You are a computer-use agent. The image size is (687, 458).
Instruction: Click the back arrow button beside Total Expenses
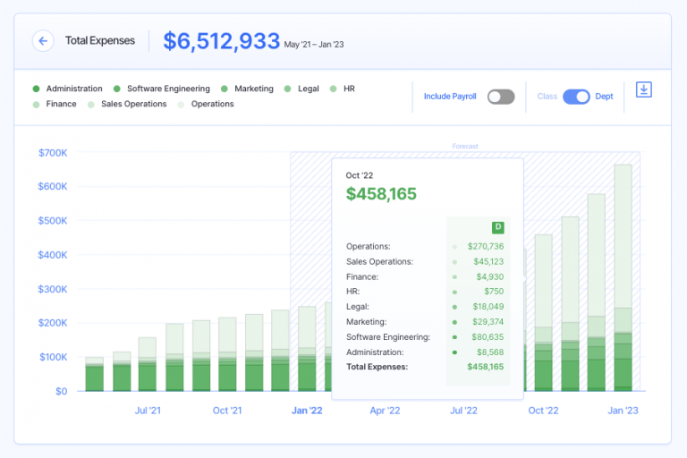coord(43,41)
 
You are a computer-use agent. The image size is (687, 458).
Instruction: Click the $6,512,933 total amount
coord(221,41)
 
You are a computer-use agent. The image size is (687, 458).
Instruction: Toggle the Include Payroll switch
coord(501,97)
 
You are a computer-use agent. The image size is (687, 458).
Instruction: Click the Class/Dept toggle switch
coord(576,97)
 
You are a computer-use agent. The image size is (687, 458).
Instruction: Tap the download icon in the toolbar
coord(643,89)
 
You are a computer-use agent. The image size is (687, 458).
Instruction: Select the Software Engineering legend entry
coord(168,89)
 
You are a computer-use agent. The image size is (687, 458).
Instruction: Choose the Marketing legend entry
coord(253,89)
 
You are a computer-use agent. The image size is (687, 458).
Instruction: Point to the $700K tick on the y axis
coord(53,153)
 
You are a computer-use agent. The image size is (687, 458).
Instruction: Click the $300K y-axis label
coord(53,289)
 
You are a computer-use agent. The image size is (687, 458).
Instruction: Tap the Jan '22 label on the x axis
coord(307,411)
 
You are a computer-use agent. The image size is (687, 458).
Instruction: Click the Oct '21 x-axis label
coord(227,411)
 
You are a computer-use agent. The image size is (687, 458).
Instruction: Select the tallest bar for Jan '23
coord(623,268)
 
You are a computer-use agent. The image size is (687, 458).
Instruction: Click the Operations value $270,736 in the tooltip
coord(485,246)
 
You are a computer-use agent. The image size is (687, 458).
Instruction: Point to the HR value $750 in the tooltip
coord(495,292)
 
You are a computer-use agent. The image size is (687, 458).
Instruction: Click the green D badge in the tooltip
coord(497,226)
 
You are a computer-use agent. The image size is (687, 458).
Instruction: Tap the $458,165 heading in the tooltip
coord(381,194)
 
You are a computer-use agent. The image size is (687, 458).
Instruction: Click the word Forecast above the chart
coord(465,146)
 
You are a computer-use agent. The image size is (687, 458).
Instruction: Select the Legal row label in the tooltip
coord(357,307)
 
